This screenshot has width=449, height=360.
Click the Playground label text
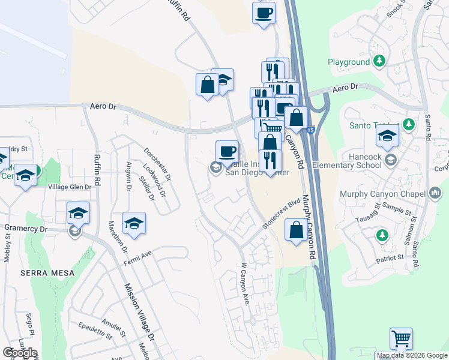pos(349,62)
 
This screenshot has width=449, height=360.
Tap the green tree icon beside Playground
pos(379,61)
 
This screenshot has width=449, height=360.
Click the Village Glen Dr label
pos(69,187)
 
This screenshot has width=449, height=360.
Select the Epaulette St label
pos(95,331)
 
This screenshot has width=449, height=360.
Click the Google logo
pos(19,352)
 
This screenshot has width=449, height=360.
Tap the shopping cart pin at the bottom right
pos(401,338)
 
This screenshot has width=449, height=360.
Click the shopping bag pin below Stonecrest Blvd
pos(296,230)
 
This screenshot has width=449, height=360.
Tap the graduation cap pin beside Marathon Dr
pos(134,224)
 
